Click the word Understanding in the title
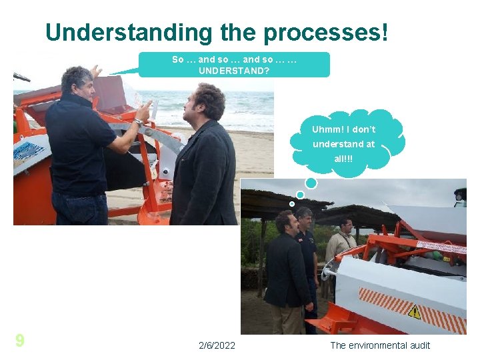click(x=127, y=31)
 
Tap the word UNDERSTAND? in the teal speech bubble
click(x=234, y=69)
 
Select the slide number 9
click(x=20, y=341)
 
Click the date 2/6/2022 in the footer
click(x=217, y=345)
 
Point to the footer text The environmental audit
click(x=380, y=345)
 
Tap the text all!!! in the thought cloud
click(x=344, y=159)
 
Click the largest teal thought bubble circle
click(x=311, y=183)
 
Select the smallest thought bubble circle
click(x=292, y=203)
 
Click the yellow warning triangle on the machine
click(x=415, y=311)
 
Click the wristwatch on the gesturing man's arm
click(x=138, y=122)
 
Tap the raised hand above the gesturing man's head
click(x=96, y=70)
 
